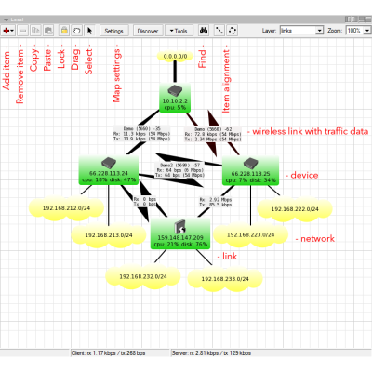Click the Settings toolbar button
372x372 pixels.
pos(113,31)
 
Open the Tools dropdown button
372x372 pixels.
pos(178,31)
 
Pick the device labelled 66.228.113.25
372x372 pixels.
pos(249,168)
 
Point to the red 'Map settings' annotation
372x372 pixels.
pos(115,76)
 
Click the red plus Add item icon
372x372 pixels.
pos(7,31)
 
